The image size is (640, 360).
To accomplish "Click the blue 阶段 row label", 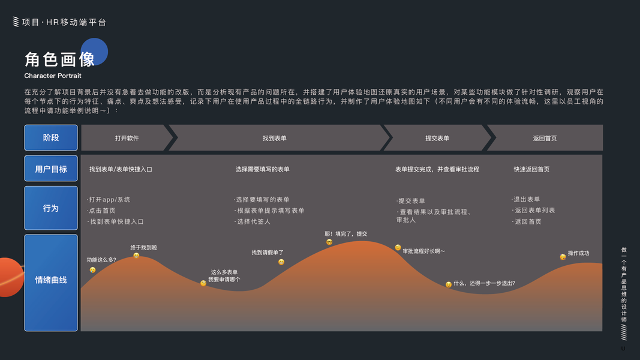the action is [51, 137].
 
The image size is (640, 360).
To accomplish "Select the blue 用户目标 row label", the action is [51, 169].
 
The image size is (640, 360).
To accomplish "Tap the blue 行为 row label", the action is [51, 208].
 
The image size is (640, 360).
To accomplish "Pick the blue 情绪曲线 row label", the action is [51, 280].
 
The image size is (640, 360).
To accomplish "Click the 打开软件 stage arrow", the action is [127, 138].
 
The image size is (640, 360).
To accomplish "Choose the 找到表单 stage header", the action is [275, 138].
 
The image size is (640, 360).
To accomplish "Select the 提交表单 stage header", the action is [437, 138].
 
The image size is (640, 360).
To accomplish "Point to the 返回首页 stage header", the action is [545, 138].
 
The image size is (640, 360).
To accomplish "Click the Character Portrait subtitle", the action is [53, 76].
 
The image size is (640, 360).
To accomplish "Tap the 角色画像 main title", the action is [60, 59].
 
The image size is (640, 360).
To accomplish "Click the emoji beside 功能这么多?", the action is [92, 270].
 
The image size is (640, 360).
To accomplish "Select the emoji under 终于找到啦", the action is [136, 256].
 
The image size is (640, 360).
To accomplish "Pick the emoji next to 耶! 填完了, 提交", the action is [329, 242].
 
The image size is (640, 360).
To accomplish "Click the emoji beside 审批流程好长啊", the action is [398, 248].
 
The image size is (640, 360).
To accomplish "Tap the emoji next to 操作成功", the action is [563, 257].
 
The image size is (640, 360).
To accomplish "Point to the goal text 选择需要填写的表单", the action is [263, 169].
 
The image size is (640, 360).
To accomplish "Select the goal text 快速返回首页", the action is [531, 169].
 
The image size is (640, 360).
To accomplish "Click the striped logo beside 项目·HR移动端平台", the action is [16, 22].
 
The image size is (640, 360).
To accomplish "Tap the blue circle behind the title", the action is [94, 51].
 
